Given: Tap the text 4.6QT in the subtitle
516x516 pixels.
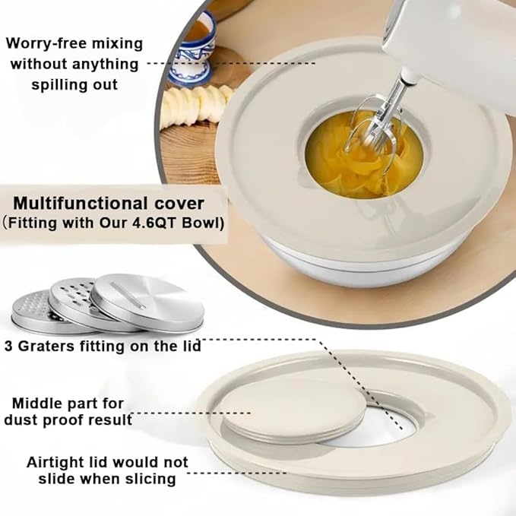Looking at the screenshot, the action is click(155, 223).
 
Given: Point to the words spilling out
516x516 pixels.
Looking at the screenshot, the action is click(74, 85).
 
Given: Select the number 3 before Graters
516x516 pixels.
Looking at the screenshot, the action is click(8, 347).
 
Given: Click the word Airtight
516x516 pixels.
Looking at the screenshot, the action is click(56, 462).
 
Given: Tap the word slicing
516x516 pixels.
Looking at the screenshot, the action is click(150, 479).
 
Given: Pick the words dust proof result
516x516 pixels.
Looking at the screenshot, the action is click(68, 420).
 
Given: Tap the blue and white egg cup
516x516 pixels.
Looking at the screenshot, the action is click(193, 49).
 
